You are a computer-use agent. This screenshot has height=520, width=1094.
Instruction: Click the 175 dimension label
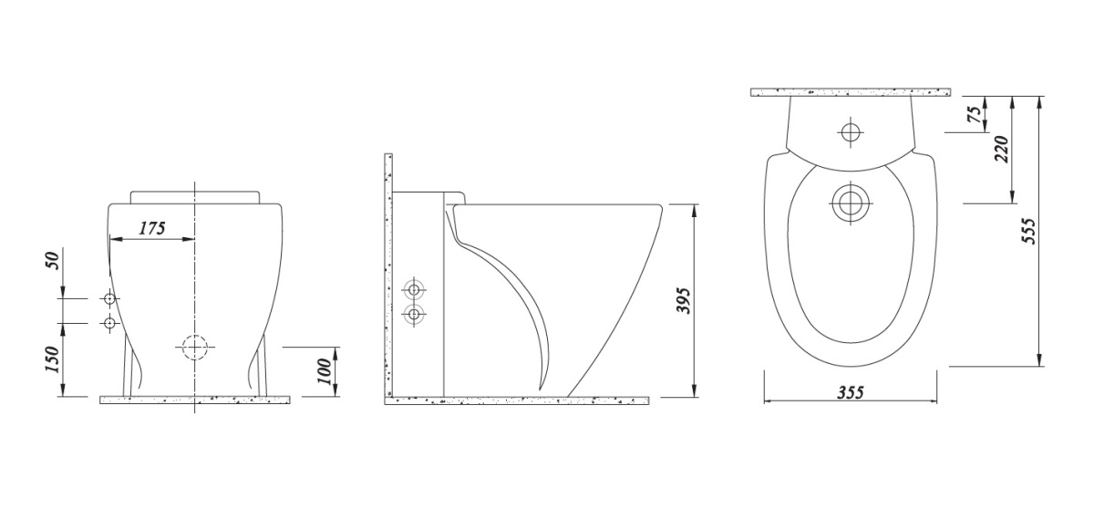(x=152, y=228)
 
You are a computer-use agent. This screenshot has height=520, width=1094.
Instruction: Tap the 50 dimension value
(x=53, y=260)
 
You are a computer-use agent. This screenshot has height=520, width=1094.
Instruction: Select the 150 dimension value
(x=53, y=359)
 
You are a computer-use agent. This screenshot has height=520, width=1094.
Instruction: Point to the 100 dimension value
(x=325, y=371)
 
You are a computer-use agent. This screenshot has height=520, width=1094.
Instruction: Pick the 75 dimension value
(x=975, y=113)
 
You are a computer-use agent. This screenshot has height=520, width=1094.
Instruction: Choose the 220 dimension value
(x=1002, y=149)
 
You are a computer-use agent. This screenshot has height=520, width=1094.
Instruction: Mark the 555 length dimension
(x=1028, y=231)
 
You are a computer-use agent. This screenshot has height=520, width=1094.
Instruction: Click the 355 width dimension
(x=851, y=392)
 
